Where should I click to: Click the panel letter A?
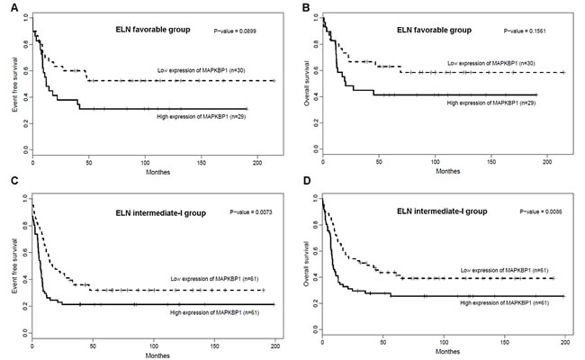pyautogui.click(x=5, y=7)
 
